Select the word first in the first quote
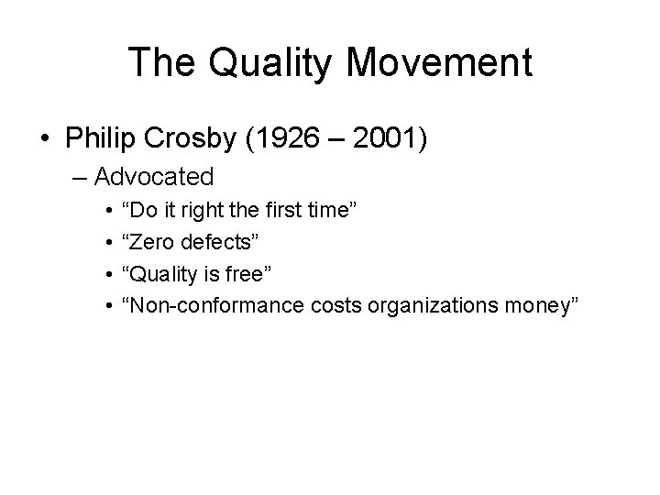pyautogui.click(x=283, y=211)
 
